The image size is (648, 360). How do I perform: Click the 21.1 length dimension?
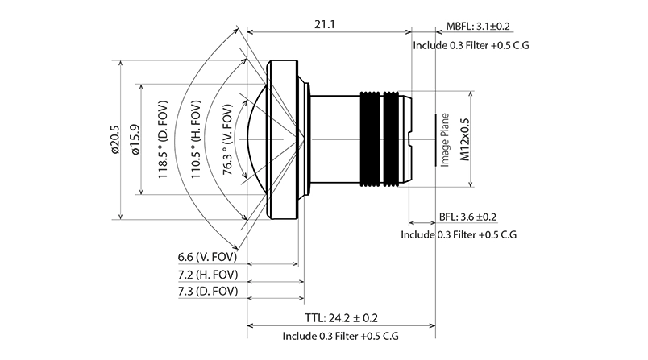coord(326,24)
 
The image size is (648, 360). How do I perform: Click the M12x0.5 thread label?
coord(464,139)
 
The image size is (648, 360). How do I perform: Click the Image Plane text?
coord(444,139)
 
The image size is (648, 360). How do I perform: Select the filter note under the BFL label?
coord(459,235)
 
